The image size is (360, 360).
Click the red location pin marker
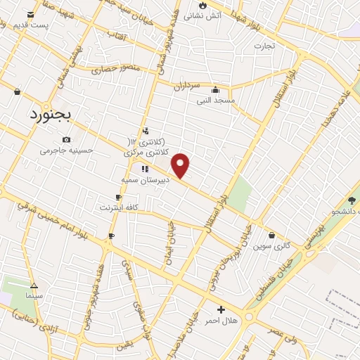[x=181, y=165]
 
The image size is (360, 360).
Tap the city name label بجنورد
[x=51, y=115]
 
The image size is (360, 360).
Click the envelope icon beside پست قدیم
[x=30, y=14]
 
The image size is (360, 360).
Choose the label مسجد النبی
[x=215, y=101]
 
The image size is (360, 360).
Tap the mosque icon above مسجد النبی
[x=214, y=90]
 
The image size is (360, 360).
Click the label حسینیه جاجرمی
[x=67, y=150]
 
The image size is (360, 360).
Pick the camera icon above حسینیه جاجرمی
[x=66, y=139]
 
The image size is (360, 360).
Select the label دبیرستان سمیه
[x=143, y=180]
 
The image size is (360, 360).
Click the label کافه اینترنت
[x=118, y=208]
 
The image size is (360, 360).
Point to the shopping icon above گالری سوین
[x=272, y=236]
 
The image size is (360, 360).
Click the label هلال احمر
[x=221, y=320]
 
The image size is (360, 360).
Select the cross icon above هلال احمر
[x=221, y=309]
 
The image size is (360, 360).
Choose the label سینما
[x=34, y=296]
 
